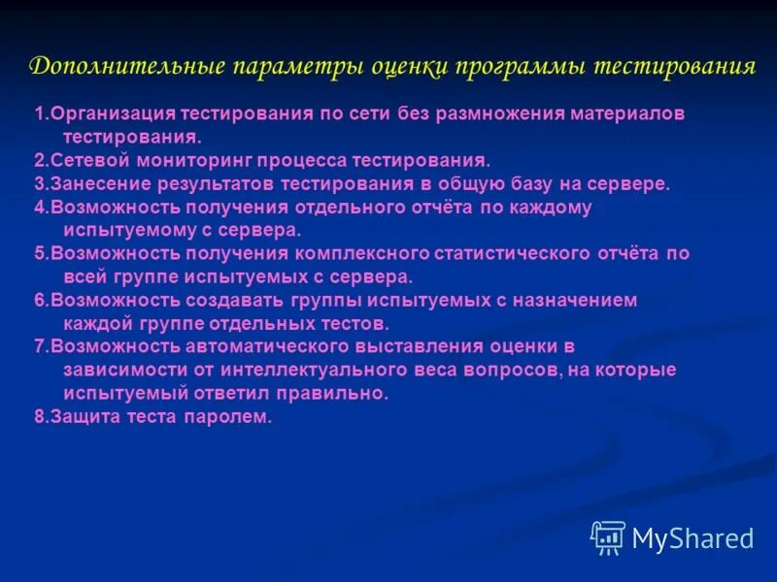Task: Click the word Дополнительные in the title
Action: coord(126,68)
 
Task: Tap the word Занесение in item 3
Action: coord(88,183)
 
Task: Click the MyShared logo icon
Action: coord(608,536)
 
